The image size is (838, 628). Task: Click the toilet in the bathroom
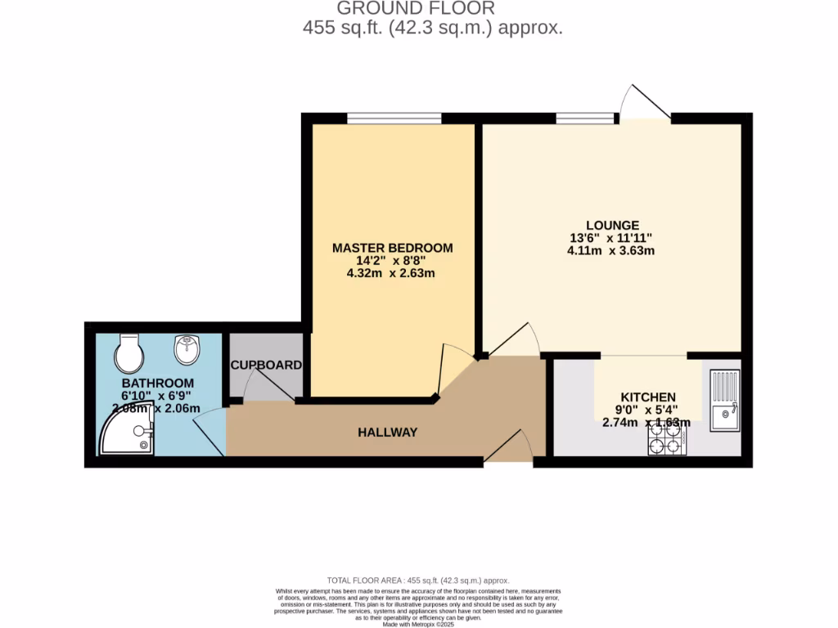coord(129,353)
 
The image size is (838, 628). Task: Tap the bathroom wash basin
coord(187,351)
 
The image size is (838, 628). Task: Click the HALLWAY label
coord(388,432)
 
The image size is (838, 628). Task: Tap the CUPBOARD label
coord(266,365)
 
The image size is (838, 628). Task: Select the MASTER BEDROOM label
coord(392,248)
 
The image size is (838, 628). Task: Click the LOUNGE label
coord(612,225)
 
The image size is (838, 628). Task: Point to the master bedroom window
coord(394,119)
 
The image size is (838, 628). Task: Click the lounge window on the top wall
coord(585,119)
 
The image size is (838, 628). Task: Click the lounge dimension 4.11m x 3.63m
coord(611,251)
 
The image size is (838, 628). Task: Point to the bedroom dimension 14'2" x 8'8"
coord(391,260)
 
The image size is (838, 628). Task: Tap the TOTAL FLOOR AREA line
coord(418,578)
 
